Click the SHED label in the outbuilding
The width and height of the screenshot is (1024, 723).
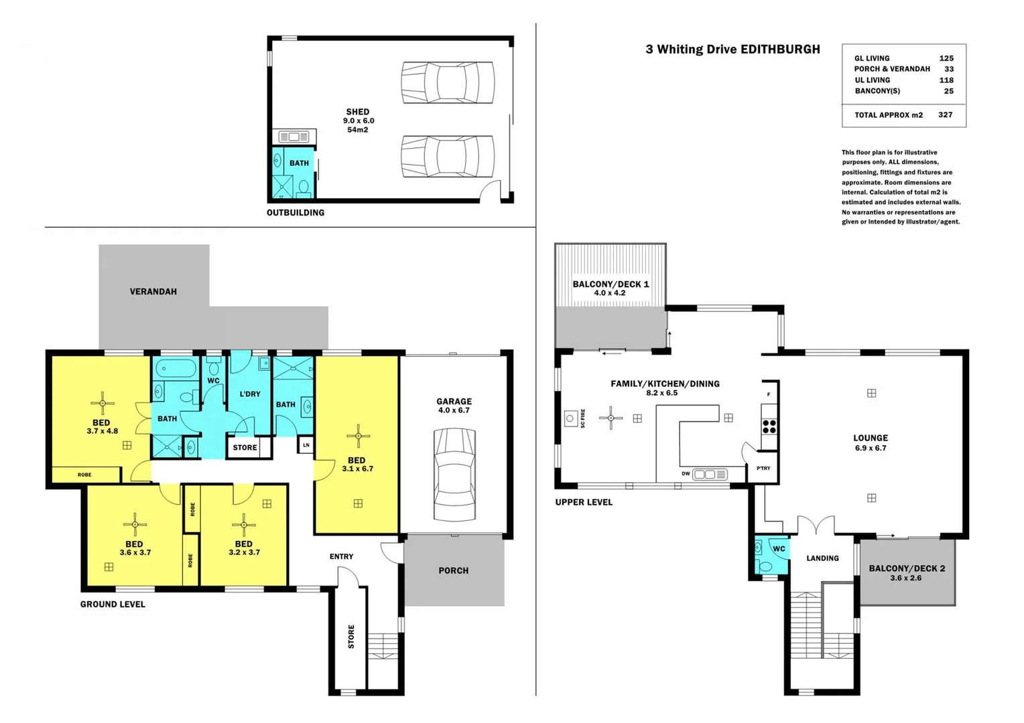[357, 112]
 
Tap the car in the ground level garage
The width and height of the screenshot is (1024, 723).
[454, 475]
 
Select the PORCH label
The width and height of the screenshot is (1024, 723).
[454, 571]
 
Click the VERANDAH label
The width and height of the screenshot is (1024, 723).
[153, 292]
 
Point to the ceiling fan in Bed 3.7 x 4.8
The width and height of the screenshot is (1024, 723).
[103, 403]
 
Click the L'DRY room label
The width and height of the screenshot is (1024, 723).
[250, 394]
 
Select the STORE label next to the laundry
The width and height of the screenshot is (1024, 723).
[245, 448]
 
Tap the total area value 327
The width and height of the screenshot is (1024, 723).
[945, 115]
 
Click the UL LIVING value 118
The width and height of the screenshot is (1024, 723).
[946, 80]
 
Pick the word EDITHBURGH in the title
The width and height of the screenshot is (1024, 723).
[779, 50]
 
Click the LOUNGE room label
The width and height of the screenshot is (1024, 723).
[870, 438]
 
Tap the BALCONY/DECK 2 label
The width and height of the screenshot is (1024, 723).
[907, 568]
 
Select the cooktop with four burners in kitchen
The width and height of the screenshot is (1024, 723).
[769, 426]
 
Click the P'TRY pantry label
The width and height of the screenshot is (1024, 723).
[763, 469]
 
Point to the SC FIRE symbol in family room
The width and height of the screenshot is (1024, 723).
[570, 418]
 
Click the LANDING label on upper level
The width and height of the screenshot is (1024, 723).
[822, 558]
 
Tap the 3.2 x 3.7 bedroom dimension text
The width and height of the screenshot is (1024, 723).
[244, 553]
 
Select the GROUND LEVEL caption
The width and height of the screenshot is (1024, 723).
[113, 605]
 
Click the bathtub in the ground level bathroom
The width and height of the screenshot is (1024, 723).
[176, 369]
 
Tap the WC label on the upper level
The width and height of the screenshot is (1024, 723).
[779, 549]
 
